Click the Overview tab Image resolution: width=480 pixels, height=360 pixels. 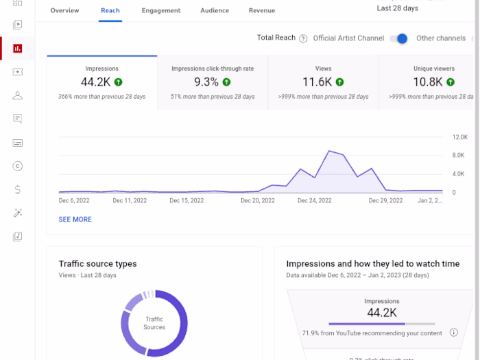coord(64,11)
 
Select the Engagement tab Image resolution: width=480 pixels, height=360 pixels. coord(161,11)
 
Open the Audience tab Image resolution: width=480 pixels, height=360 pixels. coord(215,11)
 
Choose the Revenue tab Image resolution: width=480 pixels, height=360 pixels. coord(261,11)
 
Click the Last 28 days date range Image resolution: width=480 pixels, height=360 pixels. coord(398,9)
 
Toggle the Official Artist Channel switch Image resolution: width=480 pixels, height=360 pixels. coord(399,38)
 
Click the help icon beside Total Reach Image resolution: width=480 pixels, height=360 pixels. coord(303,38)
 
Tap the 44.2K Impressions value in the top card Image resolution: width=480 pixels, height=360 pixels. coord(95,82)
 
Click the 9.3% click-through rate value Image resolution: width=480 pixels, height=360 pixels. coord(206,82)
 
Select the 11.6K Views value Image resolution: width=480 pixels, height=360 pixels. coord(317,82)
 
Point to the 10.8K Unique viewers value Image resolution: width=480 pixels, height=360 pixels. coord(427,82)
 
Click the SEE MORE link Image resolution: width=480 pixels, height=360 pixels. coord(75,219)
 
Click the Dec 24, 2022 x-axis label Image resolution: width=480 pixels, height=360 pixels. coord(314,201)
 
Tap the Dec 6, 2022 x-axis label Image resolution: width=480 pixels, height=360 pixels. coord(75,201)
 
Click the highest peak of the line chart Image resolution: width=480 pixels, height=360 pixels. coord(330,151)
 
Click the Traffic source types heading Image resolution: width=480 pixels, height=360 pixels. coord(97,264)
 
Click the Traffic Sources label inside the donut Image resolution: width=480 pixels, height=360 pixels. coord(154,323)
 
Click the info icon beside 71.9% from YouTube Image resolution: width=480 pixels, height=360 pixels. coord(453,333)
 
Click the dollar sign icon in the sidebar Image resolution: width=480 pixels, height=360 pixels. coord(17,189)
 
